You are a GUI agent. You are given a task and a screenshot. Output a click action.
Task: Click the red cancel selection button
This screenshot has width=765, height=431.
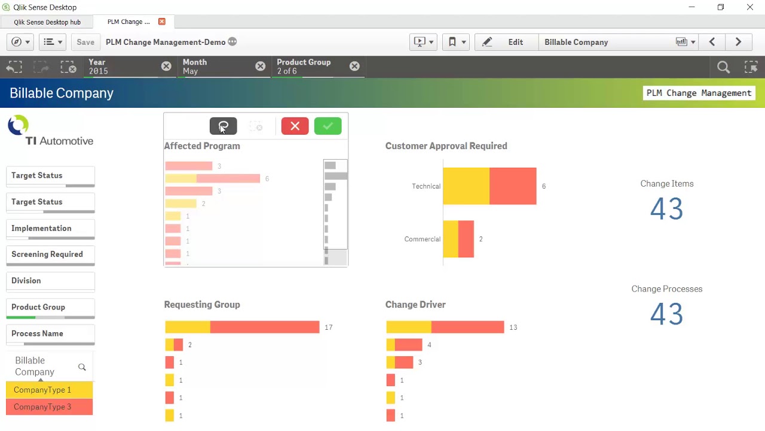[x=295, y=126]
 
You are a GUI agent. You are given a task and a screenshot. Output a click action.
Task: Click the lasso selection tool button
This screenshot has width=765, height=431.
[x=223, y=126]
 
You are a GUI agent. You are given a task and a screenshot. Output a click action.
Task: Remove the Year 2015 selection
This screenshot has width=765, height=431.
[x=166, y=66]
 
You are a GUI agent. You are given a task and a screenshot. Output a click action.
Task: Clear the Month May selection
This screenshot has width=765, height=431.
[x=260, y=66]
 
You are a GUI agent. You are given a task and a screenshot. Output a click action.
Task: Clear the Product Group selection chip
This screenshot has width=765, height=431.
[x=354, y=66]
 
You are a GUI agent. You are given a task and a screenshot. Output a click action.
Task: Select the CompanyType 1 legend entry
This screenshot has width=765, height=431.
[x=49, y=390]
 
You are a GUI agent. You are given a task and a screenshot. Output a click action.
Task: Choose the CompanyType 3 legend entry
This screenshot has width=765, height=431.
[x=49, y=407]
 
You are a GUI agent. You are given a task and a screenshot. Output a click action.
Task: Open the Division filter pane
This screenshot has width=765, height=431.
[x=50, y=281]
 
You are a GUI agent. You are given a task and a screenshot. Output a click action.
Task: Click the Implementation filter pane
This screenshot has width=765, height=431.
[x=50, y=229]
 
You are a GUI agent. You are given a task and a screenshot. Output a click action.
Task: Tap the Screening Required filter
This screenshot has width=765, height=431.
[x=50, y=254]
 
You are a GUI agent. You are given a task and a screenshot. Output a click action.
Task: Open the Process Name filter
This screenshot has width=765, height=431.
[x=50, y=334]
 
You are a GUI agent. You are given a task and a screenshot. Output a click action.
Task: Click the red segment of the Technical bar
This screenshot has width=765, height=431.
[x=513, y=186]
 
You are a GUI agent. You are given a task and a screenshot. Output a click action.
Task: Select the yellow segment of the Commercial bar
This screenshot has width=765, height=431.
[x=450, y=239]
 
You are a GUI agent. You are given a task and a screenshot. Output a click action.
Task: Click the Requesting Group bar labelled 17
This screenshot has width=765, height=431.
[x=242, y=327]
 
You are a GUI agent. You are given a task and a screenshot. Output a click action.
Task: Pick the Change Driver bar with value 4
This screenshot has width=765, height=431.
[x=404, y=345]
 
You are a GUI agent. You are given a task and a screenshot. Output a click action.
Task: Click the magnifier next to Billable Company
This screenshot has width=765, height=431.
[x=82, y=367]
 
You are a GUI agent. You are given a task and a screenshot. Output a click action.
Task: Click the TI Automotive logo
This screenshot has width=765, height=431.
[x=50, y=132]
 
